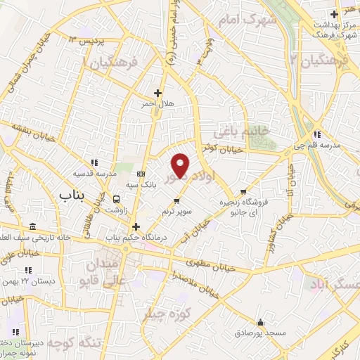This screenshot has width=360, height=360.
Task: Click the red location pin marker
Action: click(181, 165)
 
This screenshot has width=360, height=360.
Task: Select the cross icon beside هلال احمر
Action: click(157, 93)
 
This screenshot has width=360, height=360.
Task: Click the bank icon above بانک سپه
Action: click(141, 174)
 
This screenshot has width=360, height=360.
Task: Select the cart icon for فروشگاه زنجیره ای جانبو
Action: click(243, 191)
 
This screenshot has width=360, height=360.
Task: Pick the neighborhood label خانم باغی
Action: click(250, 131)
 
